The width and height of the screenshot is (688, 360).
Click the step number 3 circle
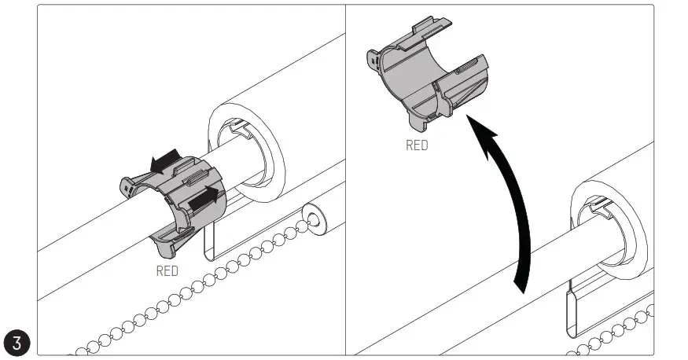(17, 343)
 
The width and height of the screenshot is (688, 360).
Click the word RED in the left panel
(167, 271)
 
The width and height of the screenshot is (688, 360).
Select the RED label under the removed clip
(417, 145)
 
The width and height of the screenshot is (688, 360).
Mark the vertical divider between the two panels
(346, 181)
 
